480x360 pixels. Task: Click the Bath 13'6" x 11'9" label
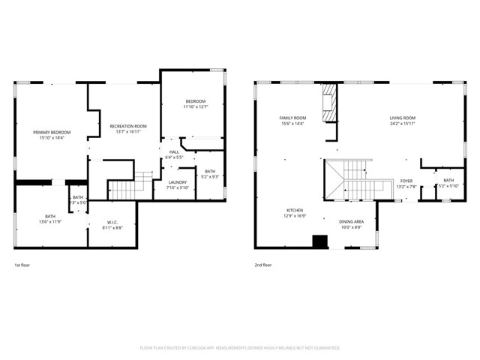[x=50, y=219]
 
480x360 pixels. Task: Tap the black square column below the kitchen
[x=320, y=241]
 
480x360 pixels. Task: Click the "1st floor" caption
[x=22, y=265]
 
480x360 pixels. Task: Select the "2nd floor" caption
[x=263, y=265]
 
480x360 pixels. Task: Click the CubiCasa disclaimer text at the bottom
[x=240, y=348]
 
